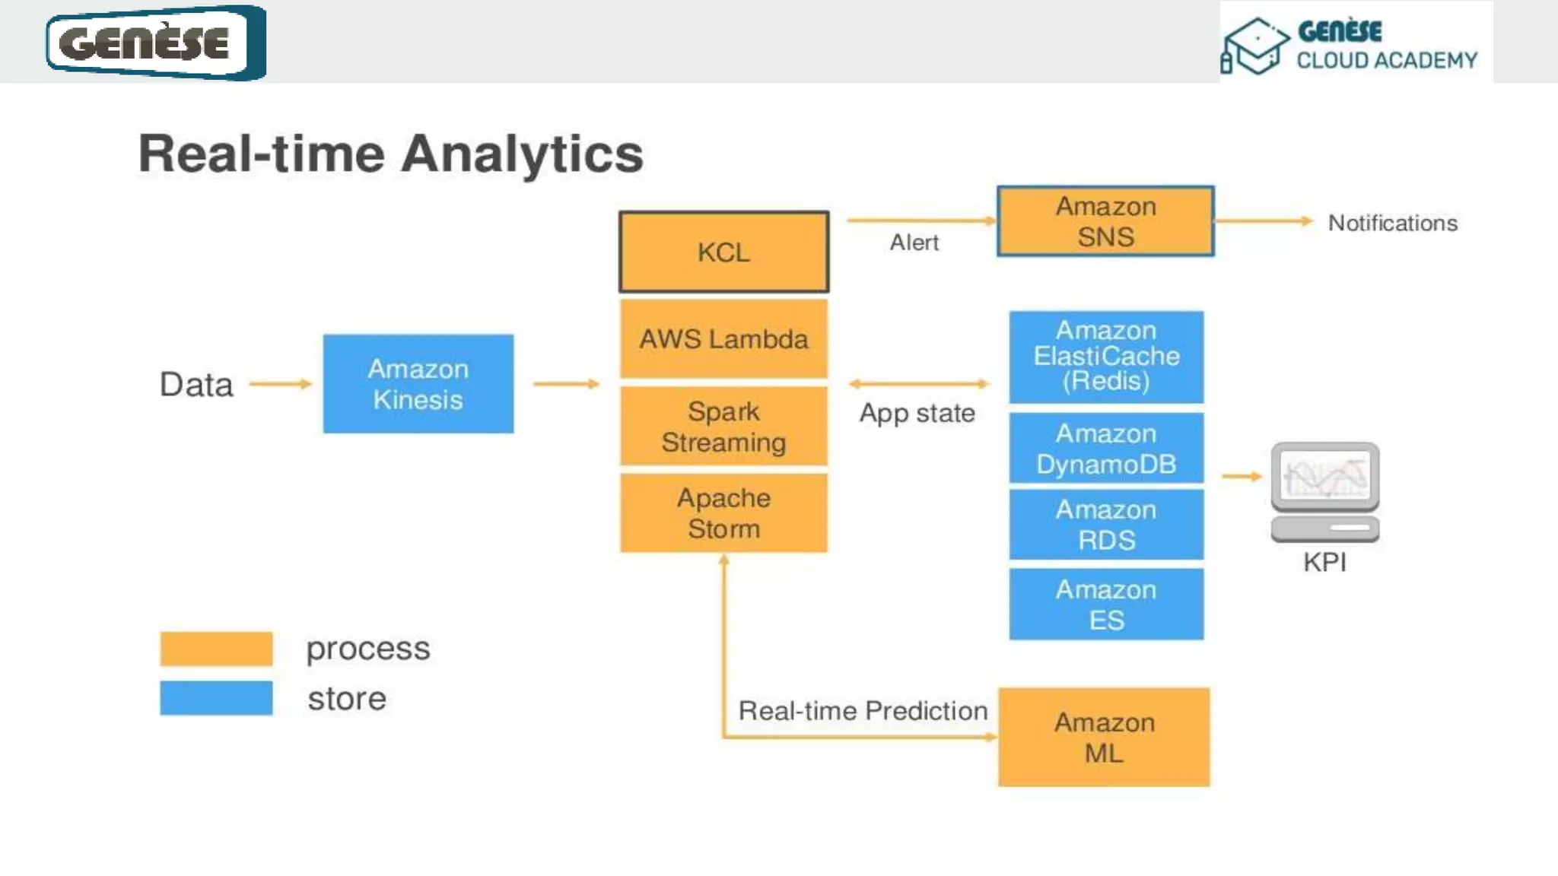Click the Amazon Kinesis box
click(418, 384)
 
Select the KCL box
click(723, 252)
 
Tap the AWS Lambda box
click(723, 339)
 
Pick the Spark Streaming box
click(723, 427)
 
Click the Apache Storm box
click(723, 513)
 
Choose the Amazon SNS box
click(1105, 221)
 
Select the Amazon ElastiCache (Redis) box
click(1106, 357)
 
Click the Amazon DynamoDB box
click(1106, 449)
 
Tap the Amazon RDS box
click(1106, 525)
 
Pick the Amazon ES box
click(1106, 605)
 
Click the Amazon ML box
click(1104, 737)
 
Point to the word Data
click(196, 385)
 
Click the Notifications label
click(1392, 223)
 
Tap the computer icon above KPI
click(1324, 491)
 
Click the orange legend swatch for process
click(216, 649)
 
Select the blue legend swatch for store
click(216, 698)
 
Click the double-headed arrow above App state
click(919, 384)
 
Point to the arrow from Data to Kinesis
click(280, 384)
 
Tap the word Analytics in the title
click(522, 154)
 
